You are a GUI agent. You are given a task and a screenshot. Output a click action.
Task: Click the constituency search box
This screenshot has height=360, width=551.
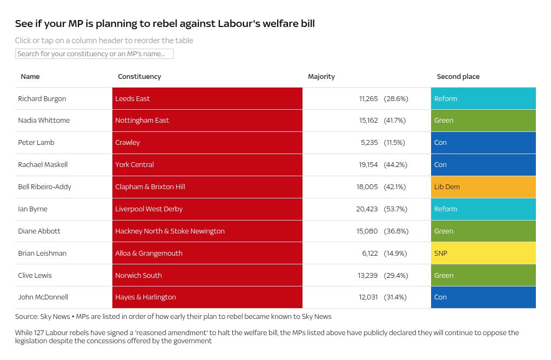pyautogui.click(x=95, y=54)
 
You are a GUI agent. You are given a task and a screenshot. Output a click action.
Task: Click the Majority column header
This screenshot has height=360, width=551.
pyautogui.click(x=321, y=77)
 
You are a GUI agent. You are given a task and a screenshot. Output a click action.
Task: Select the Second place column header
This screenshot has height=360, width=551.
pyautogui.click(x=458, y=77)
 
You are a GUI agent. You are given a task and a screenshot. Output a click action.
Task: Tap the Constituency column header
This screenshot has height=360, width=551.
pyautogui.click(x=139, y=77)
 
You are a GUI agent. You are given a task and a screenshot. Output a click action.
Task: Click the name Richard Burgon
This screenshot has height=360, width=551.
pyautogui.click(x=42, y=99)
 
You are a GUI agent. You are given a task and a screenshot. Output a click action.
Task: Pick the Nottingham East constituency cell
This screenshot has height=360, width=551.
pyautogui.click(x=142, y=121)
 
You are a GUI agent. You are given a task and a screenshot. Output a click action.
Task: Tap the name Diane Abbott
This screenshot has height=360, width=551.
pyautogui.click(x=39, y=231)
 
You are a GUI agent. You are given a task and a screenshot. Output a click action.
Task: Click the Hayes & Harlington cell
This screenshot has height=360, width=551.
pyautogui.click(x=145, y=297)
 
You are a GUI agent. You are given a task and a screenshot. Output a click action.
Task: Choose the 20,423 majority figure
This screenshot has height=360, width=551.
pyautogui.click(x=367, y=209)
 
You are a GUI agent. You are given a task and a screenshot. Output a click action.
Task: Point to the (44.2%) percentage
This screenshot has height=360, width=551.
pyautogui.click(x=395, y=165)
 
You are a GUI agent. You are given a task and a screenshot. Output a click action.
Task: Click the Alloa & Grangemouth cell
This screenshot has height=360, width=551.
pyautogui.click(x=149, y=254)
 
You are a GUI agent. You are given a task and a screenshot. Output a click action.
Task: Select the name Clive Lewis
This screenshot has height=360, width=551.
pyautogui.click(x=35, y=276)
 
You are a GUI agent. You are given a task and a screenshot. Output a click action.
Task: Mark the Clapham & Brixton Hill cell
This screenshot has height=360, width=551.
pyautogui.click(x=150, y=187)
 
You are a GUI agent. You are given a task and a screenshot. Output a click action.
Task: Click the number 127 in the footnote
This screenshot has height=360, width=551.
pyautogui.click(x=40, y=333)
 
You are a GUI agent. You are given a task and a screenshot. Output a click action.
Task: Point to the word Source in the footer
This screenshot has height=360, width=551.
pyautogui.click(x=26, y=317)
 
